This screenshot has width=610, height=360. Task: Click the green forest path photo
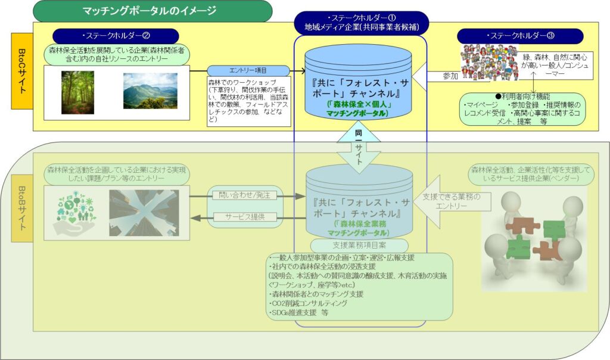(77, 92)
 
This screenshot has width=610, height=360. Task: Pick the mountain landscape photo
(150, 91)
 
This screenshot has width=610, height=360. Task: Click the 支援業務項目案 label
(359, 245)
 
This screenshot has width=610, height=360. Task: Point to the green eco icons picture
(74, 212)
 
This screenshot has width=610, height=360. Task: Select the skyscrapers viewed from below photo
(148, 212)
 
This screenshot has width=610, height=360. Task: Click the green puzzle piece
(553, 230)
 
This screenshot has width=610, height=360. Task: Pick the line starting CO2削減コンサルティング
(310, 303)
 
